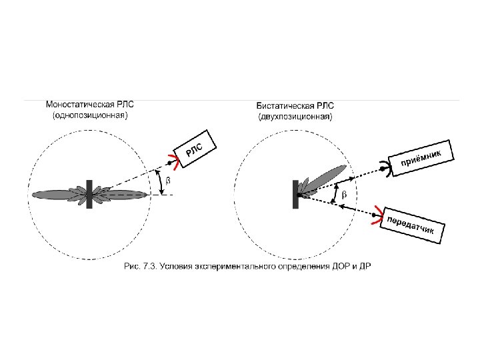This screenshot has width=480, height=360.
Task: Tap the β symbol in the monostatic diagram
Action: (x=167, y=181)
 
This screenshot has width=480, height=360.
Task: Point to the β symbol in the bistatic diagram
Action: (x=344, y=195)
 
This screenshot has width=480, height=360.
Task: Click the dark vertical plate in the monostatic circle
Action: (x=89, y=193)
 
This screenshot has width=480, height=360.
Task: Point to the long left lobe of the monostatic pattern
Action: (x=57, y=194)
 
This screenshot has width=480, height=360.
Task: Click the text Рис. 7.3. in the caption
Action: (x=140, y=267)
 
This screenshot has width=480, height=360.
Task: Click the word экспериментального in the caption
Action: (x=233, y=267)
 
